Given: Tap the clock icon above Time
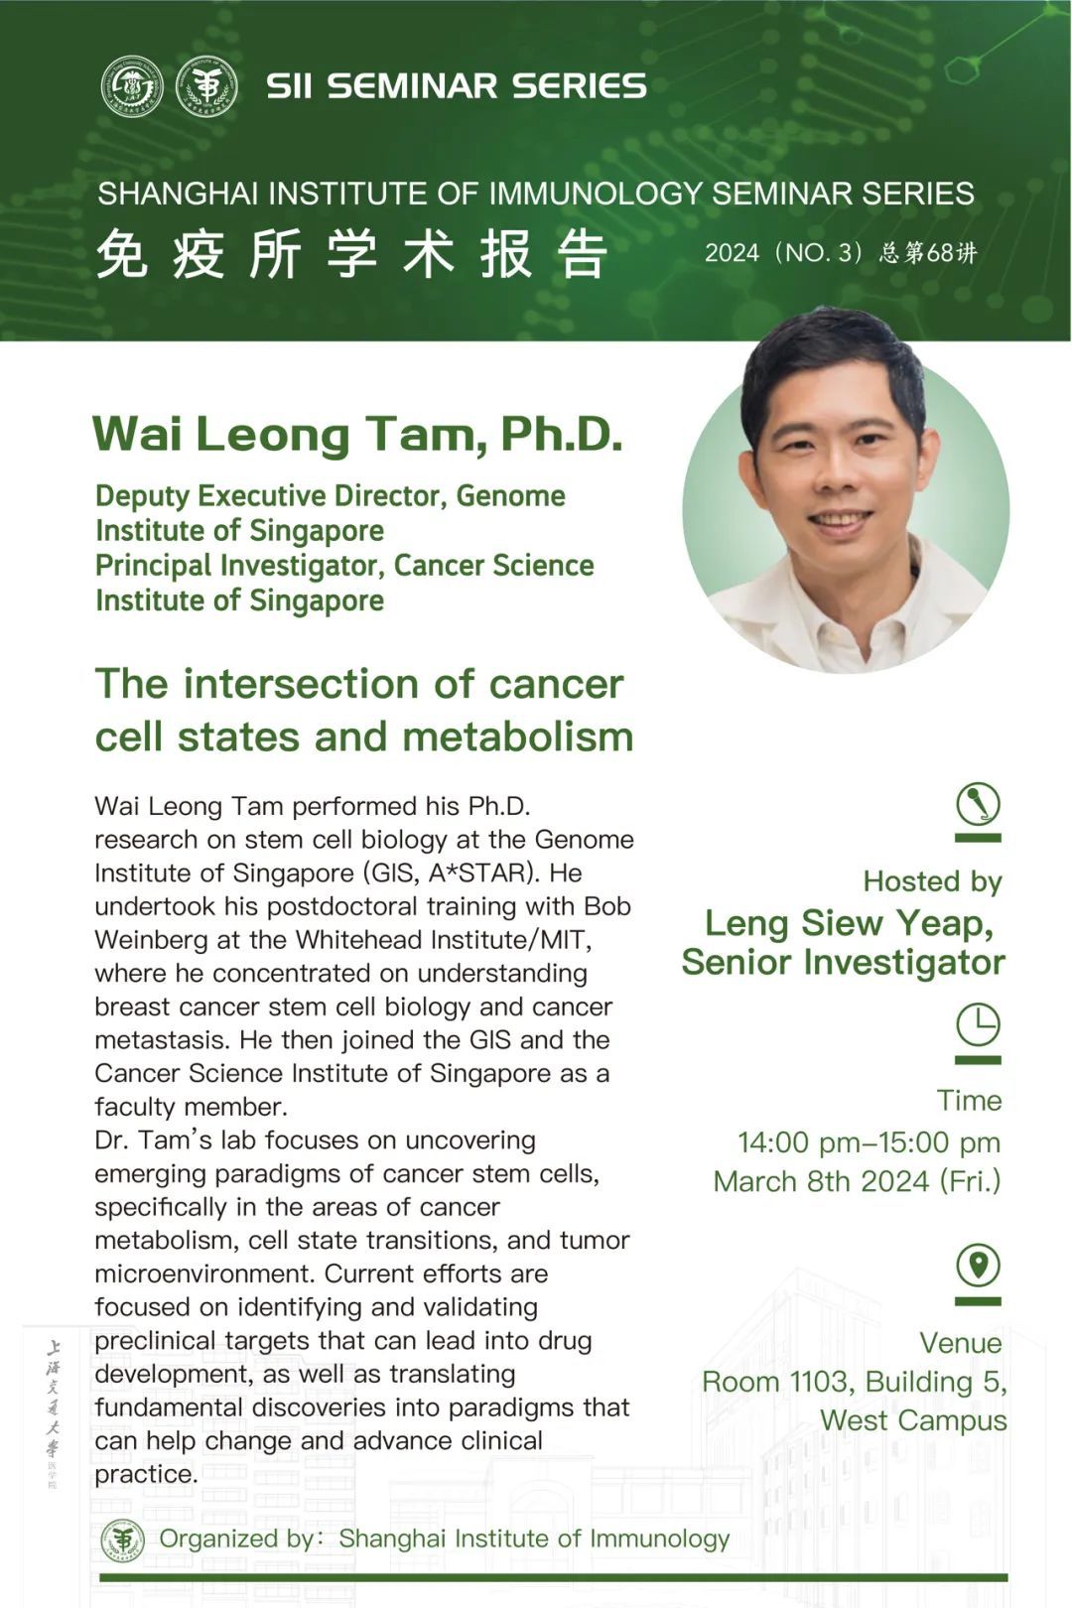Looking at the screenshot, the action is tap(978, 1024).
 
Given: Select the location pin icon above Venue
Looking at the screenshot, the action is tap(978, 1266).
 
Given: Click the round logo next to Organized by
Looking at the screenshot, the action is tap(123, 1540).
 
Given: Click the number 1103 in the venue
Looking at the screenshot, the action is tap(818, 1381).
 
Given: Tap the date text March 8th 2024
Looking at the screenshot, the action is tap(821, 1181).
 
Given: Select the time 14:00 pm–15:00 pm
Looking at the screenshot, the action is tap(870, 1142).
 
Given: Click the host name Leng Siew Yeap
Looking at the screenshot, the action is tap(848, 923).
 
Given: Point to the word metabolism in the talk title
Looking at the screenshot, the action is tap(518, 737).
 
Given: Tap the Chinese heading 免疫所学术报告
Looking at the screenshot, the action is tap(351, 253).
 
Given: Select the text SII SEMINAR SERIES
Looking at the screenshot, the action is tap(456, 86).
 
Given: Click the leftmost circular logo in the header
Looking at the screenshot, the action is tap(132, 86).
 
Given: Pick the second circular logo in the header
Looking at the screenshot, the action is tap(206, 86).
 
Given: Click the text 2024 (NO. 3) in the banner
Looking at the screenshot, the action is tap(783, 253).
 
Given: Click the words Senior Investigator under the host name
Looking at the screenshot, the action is tap(843, 962).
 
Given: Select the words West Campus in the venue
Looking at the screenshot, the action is tap(913, 1420).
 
